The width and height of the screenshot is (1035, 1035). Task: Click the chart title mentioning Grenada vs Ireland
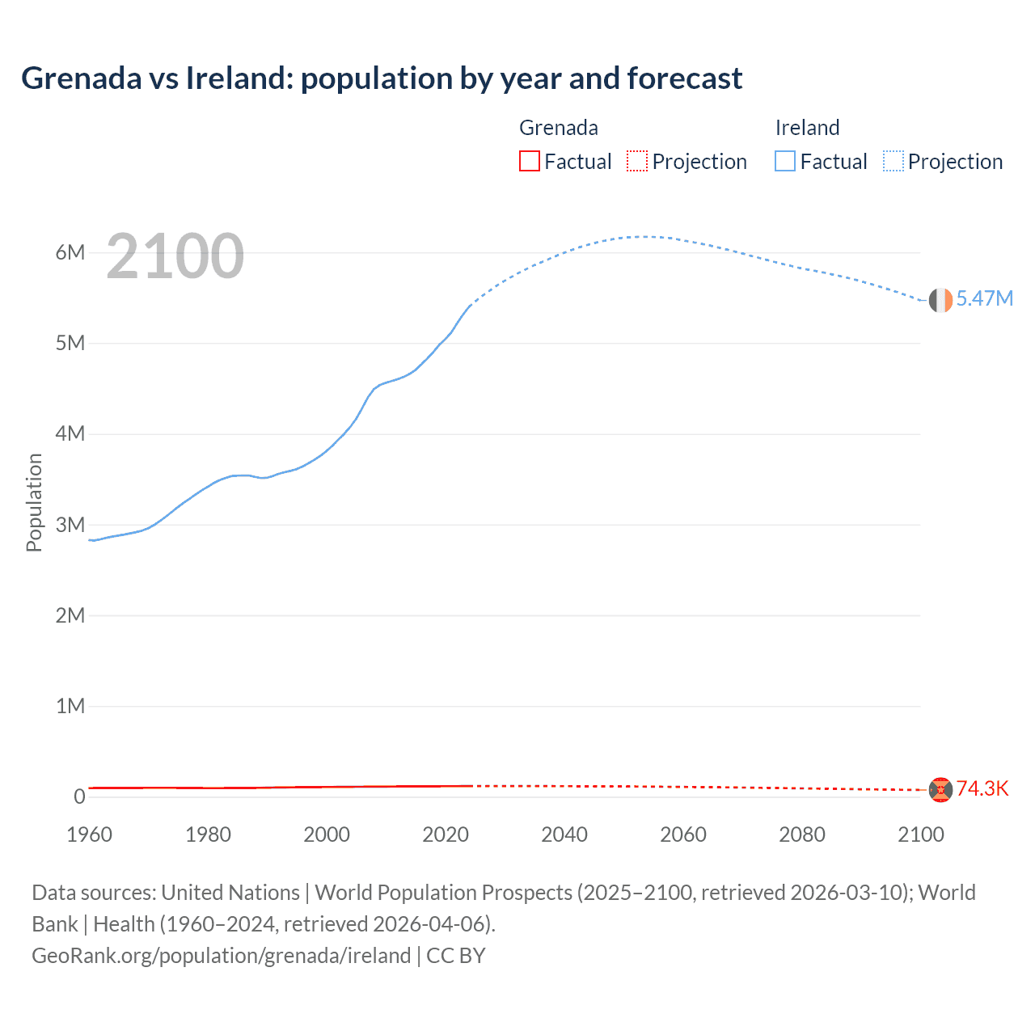[x=381, y=78]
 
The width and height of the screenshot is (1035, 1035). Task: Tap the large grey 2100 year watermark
[x=175, y=256]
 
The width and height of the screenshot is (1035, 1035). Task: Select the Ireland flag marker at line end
[x=940, y=300]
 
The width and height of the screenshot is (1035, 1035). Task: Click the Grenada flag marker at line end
[x=940, y=789]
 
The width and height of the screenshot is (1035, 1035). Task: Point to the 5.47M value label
[x=984, y=298]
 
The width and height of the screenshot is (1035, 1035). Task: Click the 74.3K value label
[x=982, y=788]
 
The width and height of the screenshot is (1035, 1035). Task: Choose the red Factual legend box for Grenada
[x=530, y=161]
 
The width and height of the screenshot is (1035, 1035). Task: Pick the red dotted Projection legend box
[x=637, y=161]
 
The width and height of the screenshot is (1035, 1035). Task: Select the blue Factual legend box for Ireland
[x=785, y=161]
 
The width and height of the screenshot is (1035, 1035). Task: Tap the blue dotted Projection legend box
[x=893, y=161]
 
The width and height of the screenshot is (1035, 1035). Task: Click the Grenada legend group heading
[x=558, y=128]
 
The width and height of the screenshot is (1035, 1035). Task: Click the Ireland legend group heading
[x=807, y=128]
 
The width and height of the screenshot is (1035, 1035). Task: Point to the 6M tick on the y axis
[x=70, y=252]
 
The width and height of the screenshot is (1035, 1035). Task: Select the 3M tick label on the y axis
[x=70, y=525]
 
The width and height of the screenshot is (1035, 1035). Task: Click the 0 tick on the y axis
[x=79, y=796]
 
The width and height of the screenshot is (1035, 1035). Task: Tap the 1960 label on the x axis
[x=89, y=834]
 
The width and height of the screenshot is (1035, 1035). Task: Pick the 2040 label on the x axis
[x=564, y=834]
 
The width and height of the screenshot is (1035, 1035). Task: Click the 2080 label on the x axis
[x=802, y=834]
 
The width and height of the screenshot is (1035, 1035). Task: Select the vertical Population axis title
[x=34, y=502]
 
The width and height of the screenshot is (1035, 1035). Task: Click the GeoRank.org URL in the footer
[x=221, y=956]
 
